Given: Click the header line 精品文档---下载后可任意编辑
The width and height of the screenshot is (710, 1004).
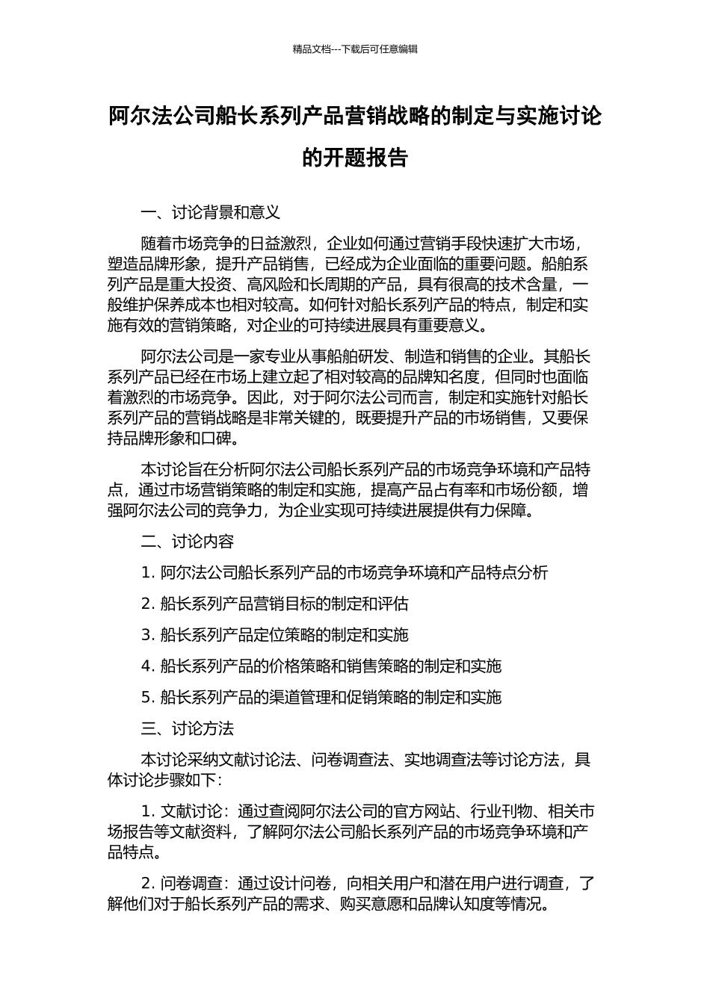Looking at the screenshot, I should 355,49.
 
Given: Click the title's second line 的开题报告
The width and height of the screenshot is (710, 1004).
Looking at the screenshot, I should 355,158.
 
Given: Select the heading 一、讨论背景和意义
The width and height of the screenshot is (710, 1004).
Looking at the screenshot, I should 211,213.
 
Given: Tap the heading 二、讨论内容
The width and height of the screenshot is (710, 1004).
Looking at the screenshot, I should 188,542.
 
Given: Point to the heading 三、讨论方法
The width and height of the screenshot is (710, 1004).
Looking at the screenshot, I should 188,728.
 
